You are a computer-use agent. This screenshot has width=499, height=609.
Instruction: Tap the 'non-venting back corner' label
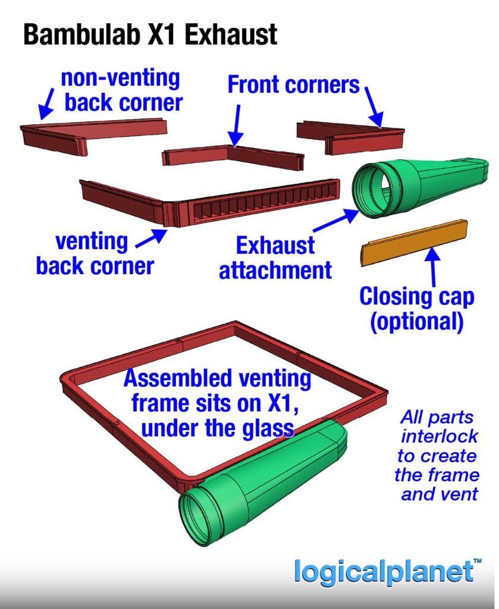point(122,90)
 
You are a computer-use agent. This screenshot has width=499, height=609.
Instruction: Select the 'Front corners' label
point(294,85)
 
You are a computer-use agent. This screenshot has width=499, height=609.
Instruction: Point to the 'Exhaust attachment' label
point(275,258)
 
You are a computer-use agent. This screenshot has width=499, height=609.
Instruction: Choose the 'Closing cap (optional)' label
point(416,309)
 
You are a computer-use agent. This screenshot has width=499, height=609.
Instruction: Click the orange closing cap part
point(415,242)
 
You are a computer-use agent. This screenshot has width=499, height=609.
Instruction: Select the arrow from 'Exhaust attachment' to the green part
point(334,222)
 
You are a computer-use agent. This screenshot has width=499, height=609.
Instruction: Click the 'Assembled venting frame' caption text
point(216,402)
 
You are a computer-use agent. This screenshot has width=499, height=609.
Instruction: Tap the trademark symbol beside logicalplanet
point(477,561)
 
